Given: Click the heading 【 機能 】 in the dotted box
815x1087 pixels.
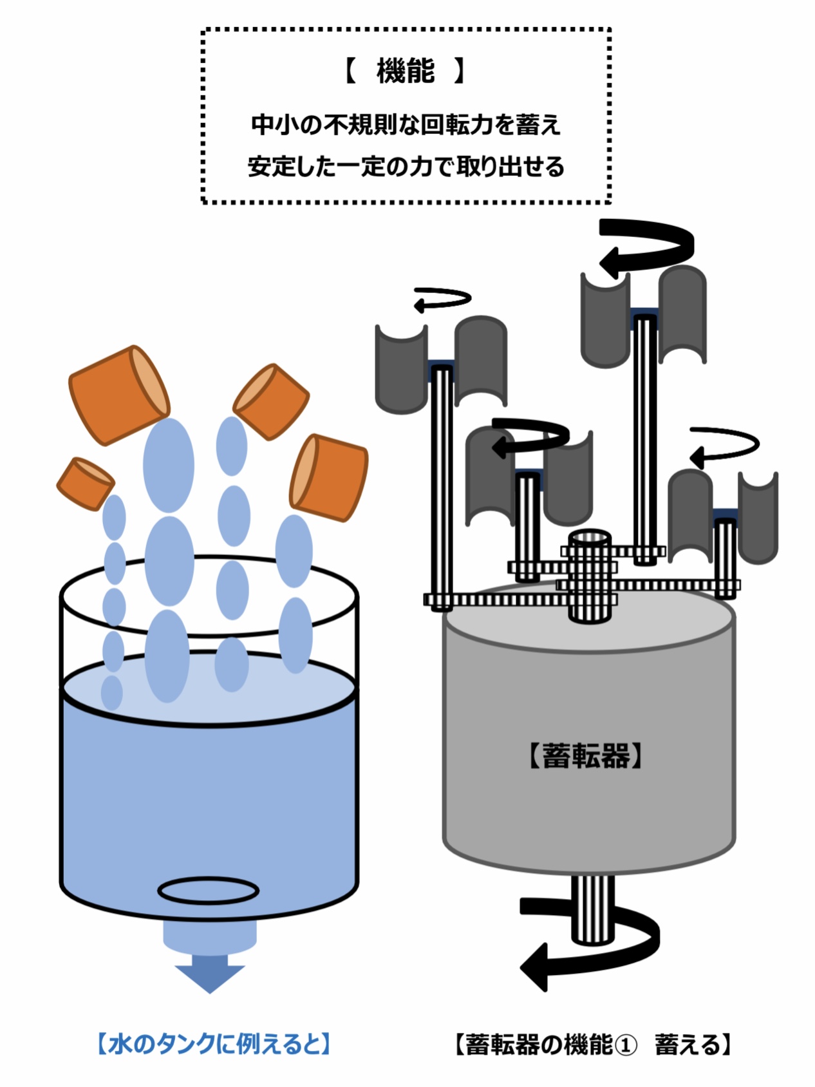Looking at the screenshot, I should [x=406, y=71].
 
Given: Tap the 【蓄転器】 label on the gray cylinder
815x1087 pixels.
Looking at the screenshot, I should [x=586, y=755].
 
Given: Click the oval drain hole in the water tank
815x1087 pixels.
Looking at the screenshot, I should [x=208, y=891].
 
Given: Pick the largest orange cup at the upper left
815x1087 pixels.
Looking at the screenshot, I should [x=119, y=394].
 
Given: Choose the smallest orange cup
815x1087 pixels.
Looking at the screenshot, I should [x=85, y=482].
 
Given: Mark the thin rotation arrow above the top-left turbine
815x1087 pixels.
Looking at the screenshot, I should [x=443, y=300].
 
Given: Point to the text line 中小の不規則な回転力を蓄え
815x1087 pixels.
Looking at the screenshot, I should [x=406, y=124].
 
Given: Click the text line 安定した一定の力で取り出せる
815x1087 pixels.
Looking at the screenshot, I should [x=406, y=167].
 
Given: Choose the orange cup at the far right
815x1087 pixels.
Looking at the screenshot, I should [x=329, y=476].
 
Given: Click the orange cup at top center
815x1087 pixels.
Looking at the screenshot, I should [x=271, y=401].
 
